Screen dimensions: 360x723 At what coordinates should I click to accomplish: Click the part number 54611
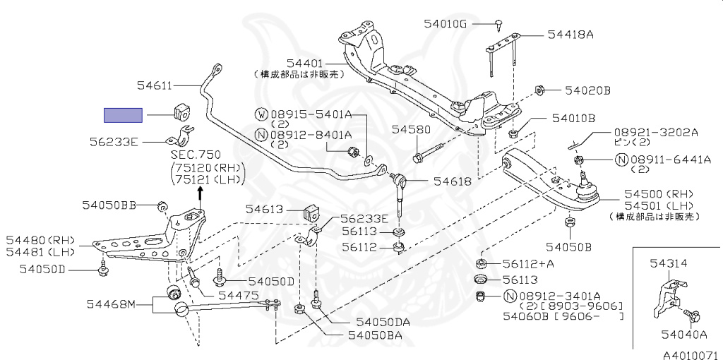coord(153,85)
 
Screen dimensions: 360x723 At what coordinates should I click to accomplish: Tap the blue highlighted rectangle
coord(123,115)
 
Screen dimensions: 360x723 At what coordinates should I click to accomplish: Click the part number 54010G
coord(446,23)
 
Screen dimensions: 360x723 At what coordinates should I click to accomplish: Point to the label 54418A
coord(570,34)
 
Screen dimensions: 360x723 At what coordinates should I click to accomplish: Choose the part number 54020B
coord(587,90)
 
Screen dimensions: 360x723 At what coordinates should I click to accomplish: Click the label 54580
coord(411,130)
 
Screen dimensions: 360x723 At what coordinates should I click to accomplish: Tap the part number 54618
coord(452,181)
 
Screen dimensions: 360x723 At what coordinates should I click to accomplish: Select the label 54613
coord(264,210)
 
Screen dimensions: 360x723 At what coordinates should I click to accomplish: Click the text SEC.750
coord(196,155)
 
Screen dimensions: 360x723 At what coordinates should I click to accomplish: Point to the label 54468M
coord(110,305)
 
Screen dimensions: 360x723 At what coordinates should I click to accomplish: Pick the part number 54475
coord(239,295)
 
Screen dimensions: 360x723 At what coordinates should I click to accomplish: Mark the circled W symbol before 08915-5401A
coord(261,114)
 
